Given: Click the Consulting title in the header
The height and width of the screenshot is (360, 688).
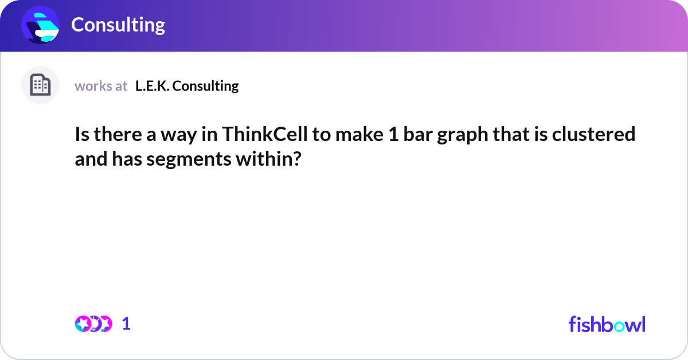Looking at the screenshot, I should (118, 25).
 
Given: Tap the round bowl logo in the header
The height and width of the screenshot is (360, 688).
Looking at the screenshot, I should (40, 25).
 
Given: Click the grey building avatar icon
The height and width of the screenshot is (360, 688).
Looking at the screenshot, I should (40, 85).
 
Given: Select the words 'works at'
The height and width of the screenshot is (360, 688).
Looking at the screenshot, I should (100, 86).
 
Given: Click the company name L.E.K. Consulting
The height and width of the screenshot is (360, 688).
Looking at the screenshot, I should (187, 86).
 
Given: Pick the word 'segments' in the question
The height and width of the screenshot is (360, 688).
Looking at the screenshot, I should (183, 159).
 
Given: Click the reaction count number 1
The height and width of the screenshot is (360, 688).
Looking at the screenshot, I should (126, 324).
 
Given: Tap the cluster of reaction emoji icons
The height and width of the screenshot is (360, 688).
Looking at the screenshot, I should (93, 324).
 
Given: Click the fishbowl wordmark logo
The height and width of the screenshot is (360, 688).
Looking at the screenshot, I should (607, 324).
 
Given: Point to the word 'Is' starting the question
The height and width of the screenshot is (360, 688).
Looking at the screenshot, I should (82, 135).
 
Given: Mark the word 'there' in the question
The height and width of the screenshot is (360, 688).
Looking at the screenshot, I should (114, 135).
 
